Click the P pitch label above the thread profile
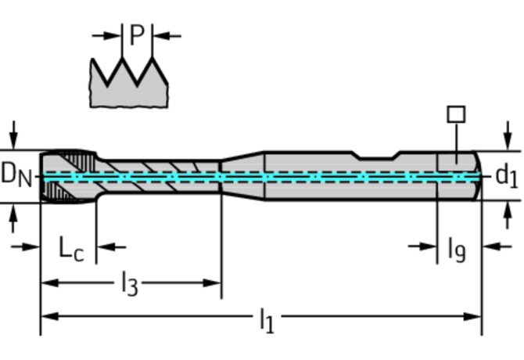tap(137, 36)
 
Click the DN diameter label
tap(16, 175)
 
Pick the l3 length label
tap(130, 284)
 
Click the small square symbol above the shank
tap(456, 113)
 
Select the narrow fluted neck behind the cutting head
tap(156, 176)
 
